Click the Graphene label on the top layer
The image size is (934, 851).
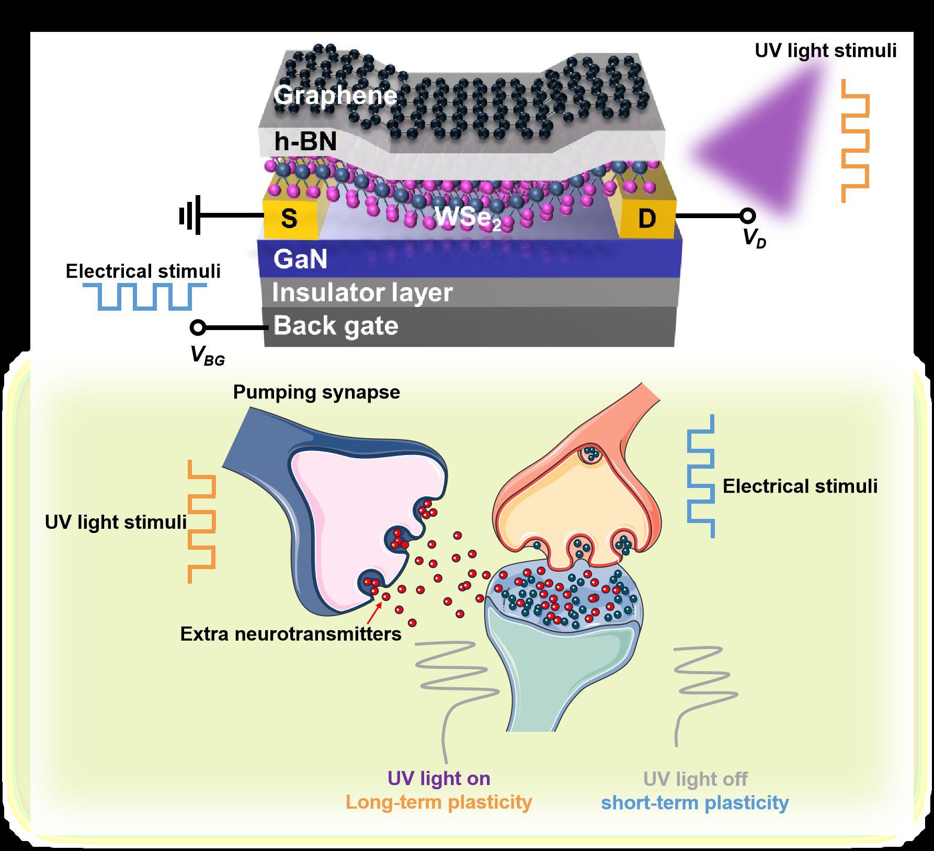(335, 96)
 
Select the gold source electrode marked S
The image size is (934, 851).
(289, 219)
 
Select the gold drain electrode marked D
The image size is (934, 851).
(647, 219)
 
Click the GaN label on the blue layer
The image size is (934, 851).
(300, 259)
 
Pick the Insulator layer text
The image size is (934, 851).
(362, 293)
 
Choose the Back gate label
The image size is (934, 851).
(336, 325)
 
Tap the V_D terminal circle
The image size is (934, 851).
(748, 215)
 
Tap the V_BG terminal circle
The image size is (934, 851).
(197, 328)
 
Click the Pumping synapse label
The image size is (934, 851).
(316, 392)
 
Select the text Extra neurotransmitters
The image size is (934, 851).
(291, 634)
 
